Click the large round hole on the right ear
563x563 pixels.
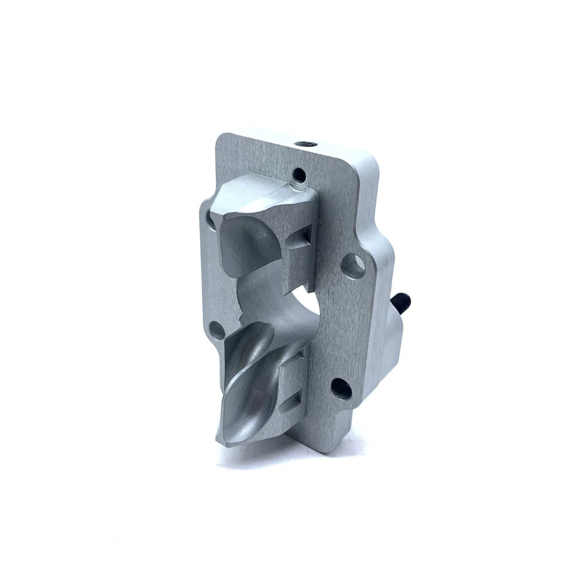pos(353,266)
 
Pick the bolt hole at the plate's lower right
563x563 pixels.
pos(341,388)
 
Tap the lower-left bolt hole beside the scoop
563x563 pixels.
pos(215,329)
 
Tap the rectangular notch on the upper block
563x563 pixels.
pos(306,236)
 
